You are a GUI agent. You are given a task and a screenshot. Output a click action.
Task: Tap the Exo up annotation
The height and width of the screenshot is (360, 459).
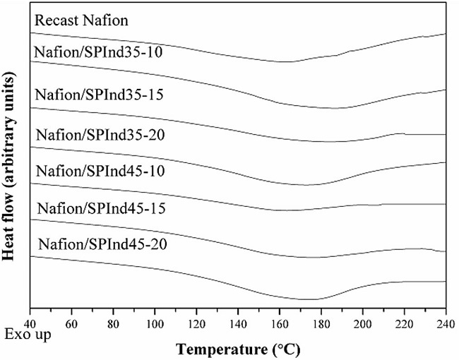coord(27,334)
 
